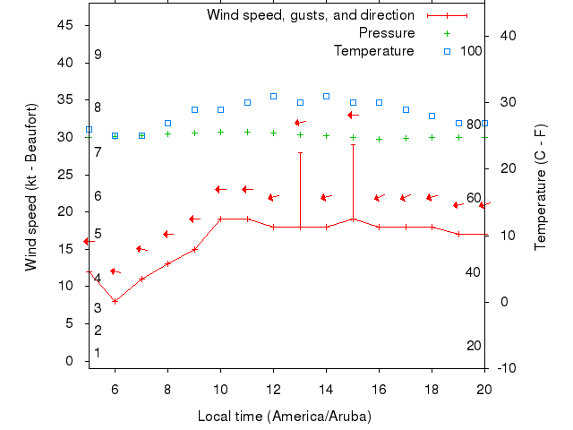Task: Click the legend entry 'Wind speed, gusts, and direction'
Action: [x=310, y=15]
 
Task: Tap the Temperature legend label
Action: [x=373, y=51]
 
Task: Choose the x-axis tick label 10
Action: [x=220, y=389]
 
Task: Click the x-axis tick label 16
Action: [x=379, y=389]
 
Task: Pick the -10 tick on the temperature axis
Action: [x=506, y=368]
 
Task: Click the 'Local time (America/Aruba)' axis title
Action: [x=285, y=417]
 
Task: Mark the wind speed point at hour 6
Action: [x=115, y=301]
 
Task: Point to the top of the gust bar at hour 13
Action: [x=300, y=152]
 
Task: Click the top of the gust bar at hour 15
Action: [x=353, y=144]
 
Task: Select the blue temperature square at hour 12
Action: [x=273, y=96]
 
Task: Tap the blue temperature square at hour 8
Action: [x=167, y=123]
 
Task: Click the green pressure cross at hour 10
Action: [x=220, y=132]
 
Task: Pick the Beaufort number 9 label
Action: [x=98, y=55]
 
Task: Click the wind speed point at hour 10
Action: [x=220, y=219]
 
